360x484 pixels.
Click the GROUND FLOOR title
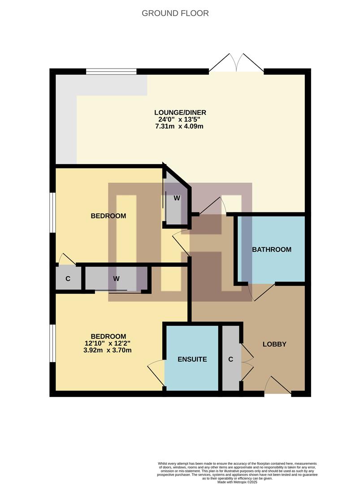(x=175, y=13)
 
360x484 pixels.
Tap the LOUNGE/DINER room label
(x=180, y=112)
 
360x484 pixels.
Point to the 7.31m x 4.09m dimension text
(x=180, y=126)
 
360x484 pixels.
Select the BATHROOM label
(x=272, y=250)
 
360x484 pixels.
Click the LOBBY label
(x=274, y=344)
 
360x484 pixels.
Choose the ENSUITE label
(x=192, y=359)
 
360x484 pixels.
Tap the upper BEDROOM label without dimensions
(x=108, y=216)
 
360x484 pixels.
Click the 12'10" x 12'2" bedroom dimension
(x=108, y=343)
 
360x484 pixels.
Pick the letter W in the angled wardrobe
(x=177, y=198)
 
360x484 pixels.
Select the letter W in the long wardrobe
(x=117, y=278)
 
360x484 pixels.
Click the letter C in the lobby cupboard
(x=231, y=359)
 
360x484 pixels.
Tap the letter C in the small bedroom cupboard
(x=68, y=278)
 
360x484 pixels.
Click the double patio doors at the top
(x=236, y=64)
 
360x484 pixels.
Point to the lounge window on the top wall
(x=111, y=71)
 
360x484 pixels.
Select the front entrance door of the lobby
(x=278, y=386)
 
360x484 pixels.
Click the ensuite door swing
(x=157, y=371)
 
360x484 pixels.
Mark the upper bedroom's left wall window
(x=52, y=212)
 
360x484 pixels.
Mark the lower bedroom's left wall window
(x=52, y=343)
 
